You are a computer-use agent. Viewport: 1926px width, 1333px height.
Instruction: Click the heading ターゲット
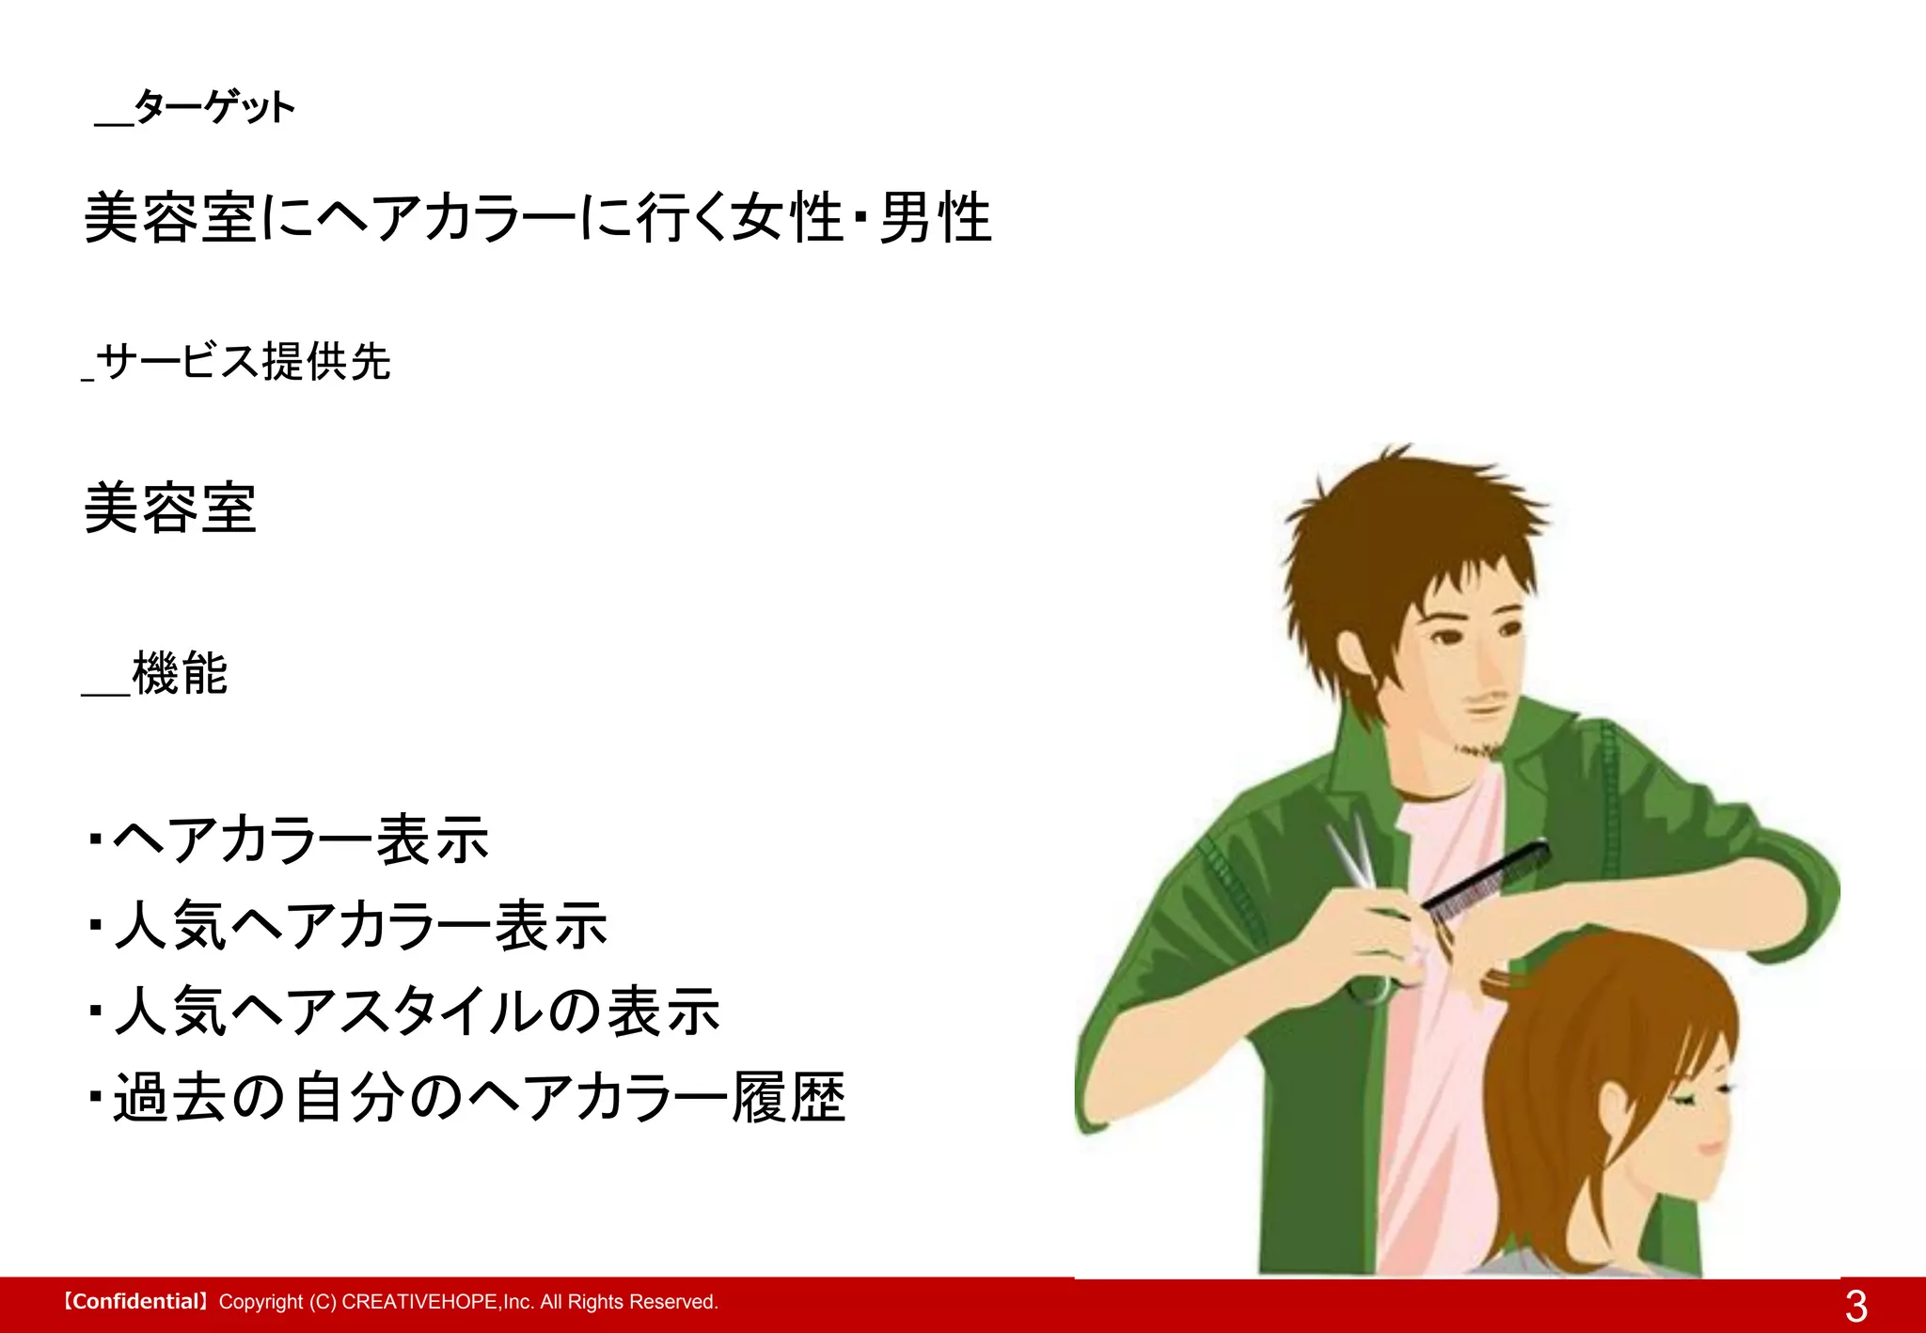pos(214,107)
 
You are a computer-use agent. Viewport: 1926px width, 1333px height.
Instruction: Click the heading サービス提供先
pos(243,361)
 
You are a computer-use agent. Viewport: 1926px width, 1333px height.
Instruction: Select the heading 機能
pos(180,673)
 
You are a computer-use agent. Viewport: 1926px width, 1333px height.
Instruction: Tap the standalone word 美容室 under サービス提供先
pos(170,509)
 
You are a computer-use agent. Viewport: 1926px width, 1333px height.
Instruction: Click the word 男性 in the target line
pos(936,217)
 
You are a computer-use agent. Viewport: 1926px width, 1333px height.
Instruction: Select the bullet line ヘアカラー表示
pos(301,839)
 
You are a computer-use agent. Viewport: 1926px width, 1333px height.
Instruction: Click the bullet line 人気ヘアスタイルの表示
pos(417,1012)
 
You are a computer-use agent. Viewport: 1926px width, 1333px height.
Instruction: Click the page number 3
pos(1855,1306)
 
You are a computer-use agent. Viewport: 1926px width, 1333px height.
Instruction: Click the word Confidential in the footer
pos(134,1302)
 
